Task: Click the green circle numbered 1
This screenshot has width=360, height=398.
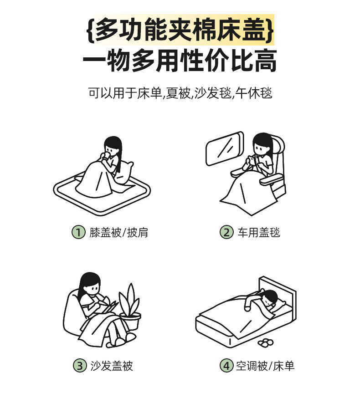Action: (78, 232)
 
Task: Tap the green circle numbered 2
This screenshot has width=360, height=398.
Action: (226, 232)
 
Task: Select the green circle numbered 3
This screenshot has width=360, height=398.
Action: (80, 366)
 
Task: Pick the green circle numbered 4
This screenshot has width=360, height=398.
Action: (226, 366)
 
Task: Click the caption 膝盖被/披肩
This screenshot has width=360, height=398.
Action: (118, 232)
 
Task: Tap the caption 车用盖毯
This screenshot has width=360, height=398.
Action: (259, 232)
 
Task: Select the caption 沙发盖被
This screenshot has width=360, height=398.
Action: (112, 366)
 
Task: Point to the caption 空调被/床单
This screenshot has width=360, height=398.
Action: (265, 366)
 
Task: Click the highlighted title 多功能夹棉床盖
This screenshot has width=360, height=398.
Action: (180, 30)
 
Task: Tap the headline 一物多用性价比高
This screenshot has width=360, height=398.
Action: (180, 61)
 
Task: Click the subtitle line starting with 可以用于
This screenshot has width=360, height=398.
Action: (180, 93)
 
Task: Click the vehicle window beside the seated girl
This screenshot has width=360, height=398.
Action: (224, 148)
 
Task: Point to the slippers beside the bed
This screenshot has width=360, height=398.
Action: (266, 342)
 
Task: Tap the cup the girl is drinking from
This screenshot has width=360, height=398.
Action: (107, 156)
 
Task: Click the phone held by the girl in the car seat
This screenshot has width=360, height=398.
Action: (252, 160)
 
